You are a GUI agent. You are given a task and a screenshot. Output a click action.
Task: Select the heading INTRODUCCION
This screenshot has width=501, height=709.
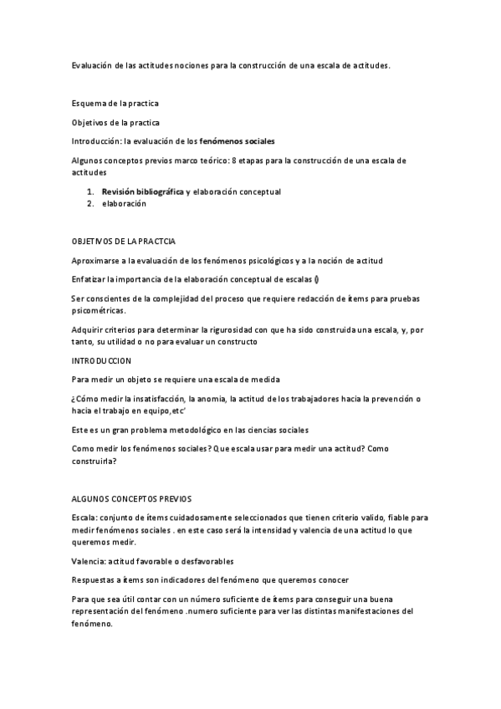[102, 360]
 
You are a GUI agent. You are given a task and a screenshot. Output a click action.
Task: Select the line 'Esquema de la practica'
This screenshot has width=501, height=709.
[115, 104]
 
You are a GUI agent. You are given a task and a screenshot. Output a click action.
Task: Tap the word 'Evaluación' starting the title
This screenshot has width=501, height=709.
[95, 65]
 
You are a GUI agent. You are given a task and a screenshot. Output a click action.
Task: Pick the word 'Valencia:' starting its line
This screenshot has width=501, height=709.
[90, 560]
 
